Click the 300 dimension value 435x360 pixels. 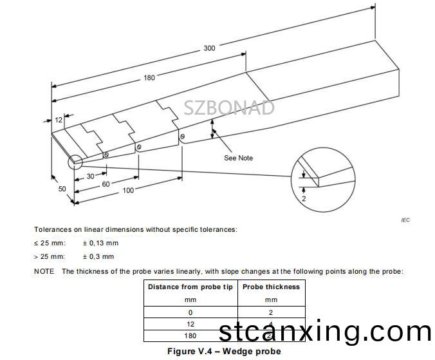pos(209,48)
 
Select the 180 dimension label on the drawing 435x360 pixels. pos(149,78)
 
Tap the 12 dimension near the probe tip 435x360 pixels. pos(59,120)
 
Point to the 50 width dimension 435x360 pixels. pos(62,189)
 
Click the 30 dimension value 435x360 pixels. pos(91,176)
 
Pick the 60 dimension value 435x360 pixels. pos(106,184)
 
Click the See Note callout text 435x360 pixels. pos(238,158)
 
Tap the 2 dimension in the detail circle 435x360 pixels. pos(304,198)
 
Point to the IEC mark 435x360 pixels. pos(405,220)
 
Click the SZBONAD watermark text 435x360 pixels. pos(229,108)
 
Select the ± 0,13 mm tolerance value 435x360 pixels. pos(100,243)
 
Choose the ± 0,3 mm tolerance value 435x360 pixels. pos(98,256)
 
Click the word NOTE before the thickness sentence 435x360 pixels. pos(44,271)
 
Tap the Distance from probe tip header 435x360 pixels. pos(190,287)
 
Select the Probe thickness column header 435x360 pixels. pos(271,287)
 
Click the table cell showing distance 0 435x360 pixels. pos(190,312)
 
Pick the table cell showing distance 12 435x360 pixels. pos(190,324)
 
